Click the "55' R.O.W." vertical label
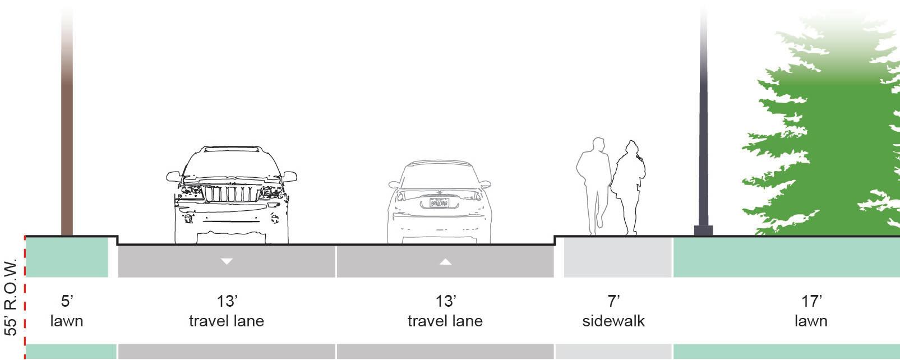[11, 297]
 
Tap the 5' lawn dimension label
[67, 311]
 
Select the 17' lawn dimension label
[811, 311]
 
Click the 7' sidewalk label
[613, 311]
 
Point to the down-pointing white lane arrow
[227, 261]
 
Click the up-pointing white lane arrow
[445, 261]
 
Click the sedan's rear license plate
[439, 202]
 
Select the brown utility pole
[67, 140]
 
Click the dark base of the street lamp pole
[703, 230]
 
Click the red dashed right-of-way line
[25, 297]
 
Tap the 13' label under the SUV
[227, 302]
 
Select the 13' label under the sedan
[445, 302]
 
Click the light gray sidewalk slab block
[617, 258]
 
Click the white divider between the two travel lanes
[336, 261]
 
